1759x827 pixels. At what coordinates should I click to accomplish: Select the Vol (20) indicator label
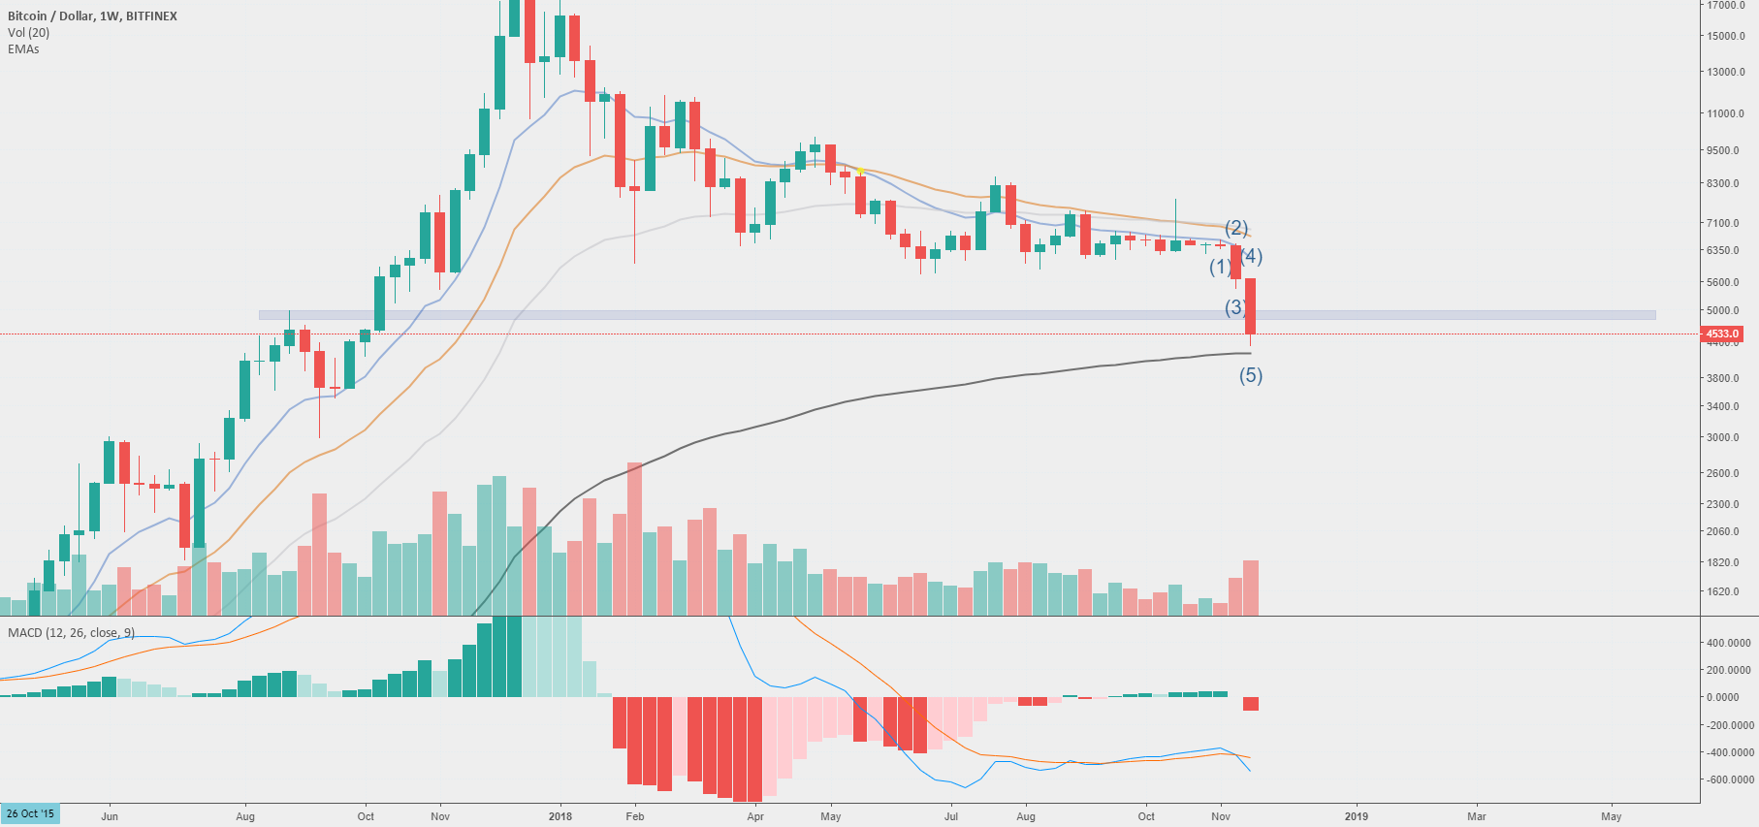tap(28, 33)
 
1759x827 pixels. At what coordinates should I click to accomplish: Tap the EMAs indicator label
tap(23, 49)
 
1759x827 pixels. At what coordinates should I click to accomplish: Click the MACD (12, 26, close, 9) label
tap(71, 633)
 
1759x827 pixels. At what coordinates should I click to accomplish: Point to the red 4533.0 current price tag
tap(1722, 334)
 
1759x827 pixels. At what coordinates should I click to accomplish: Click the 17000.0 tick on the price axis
tap(1726, 6)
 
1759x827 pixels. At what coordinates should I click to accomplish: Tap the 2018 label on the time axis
tap(560, 816)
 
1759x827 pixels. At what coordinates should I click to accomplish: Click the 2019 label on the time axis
tap(1356, 816)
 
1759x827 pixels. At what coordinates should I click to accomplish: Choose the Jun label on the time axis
tap(110, 816)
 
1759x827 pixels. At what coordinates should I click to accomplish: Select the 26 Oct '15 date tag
tap(30, 813)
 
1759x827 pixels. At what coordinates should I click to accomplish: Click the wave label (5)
tap(1251, 375)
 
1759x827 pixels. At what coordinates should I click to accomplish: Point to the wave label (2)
tap(1236, 228)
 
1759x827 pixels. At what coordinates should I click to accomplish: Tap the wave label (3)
tap(1234, 307)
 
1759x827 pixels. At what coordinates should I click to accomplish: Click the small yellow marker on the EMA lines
tap(860, 172)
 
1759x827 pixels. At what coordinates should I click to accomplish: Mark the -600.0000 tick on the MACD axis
tap(1730, 779)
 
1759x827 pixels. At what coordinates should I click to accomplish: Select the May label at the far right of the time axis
tap(1611, 816)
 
